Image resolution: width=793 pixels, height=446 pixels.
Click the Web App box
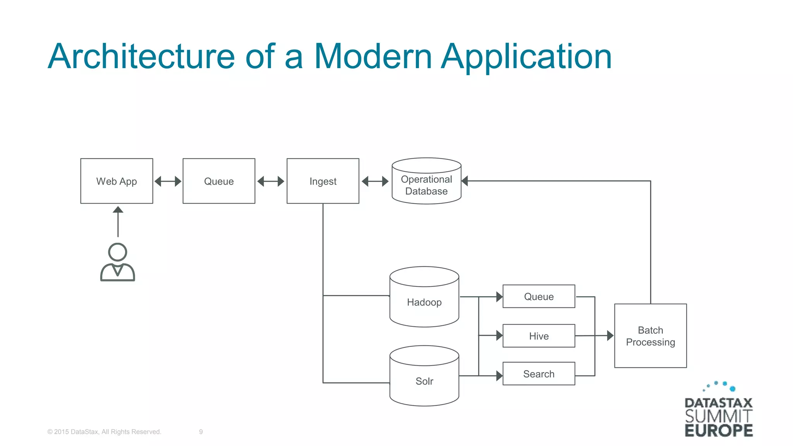pos(117,181)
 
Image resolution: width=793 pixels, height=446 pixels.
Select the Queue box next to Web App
pos(219,181)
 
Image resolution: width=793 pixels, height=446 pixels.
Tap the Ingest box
pos(323,181)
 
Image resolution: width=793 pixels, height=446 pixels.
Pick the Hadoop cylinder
pos(424,302)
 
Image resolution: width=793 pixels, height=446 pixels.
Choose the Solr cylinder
pos(424,381)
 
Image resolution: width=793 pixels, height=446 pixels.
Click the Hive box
pos(539,336)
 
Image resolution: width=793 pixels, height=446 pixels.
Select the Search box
pos(539,374)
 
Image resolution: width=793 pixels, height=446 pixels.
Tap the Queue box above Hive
pos(539,297)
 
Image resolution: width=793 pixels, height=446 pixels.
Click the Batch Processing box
pos(650,336)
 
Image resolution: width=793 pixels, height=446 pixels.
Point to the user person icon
pos(117,262)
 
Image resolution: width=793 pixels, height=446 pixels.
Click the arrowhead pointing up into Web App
pos(118,210)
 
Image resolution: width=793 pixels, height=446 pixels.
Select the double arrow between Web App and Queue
pos(168,181)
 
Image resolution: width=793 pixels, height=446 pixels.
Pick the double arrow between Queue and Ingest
pos(271,181)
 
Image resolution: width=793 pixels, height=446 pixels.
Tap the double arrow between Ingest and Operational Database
pos(375,181)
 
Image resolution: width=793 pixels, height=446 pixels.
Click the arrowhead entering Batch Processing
pos(610,336)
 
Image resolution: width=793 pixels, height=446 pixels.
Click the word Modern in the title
pos(372,57)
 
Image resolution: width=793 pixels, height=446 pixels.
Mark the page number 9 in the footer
pos(201,432)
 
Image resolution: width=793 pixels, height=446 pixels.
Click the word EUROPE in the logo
pos(719,431)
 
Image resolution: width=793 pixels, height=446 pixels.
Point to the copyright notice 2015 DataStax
pos(104,432)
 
